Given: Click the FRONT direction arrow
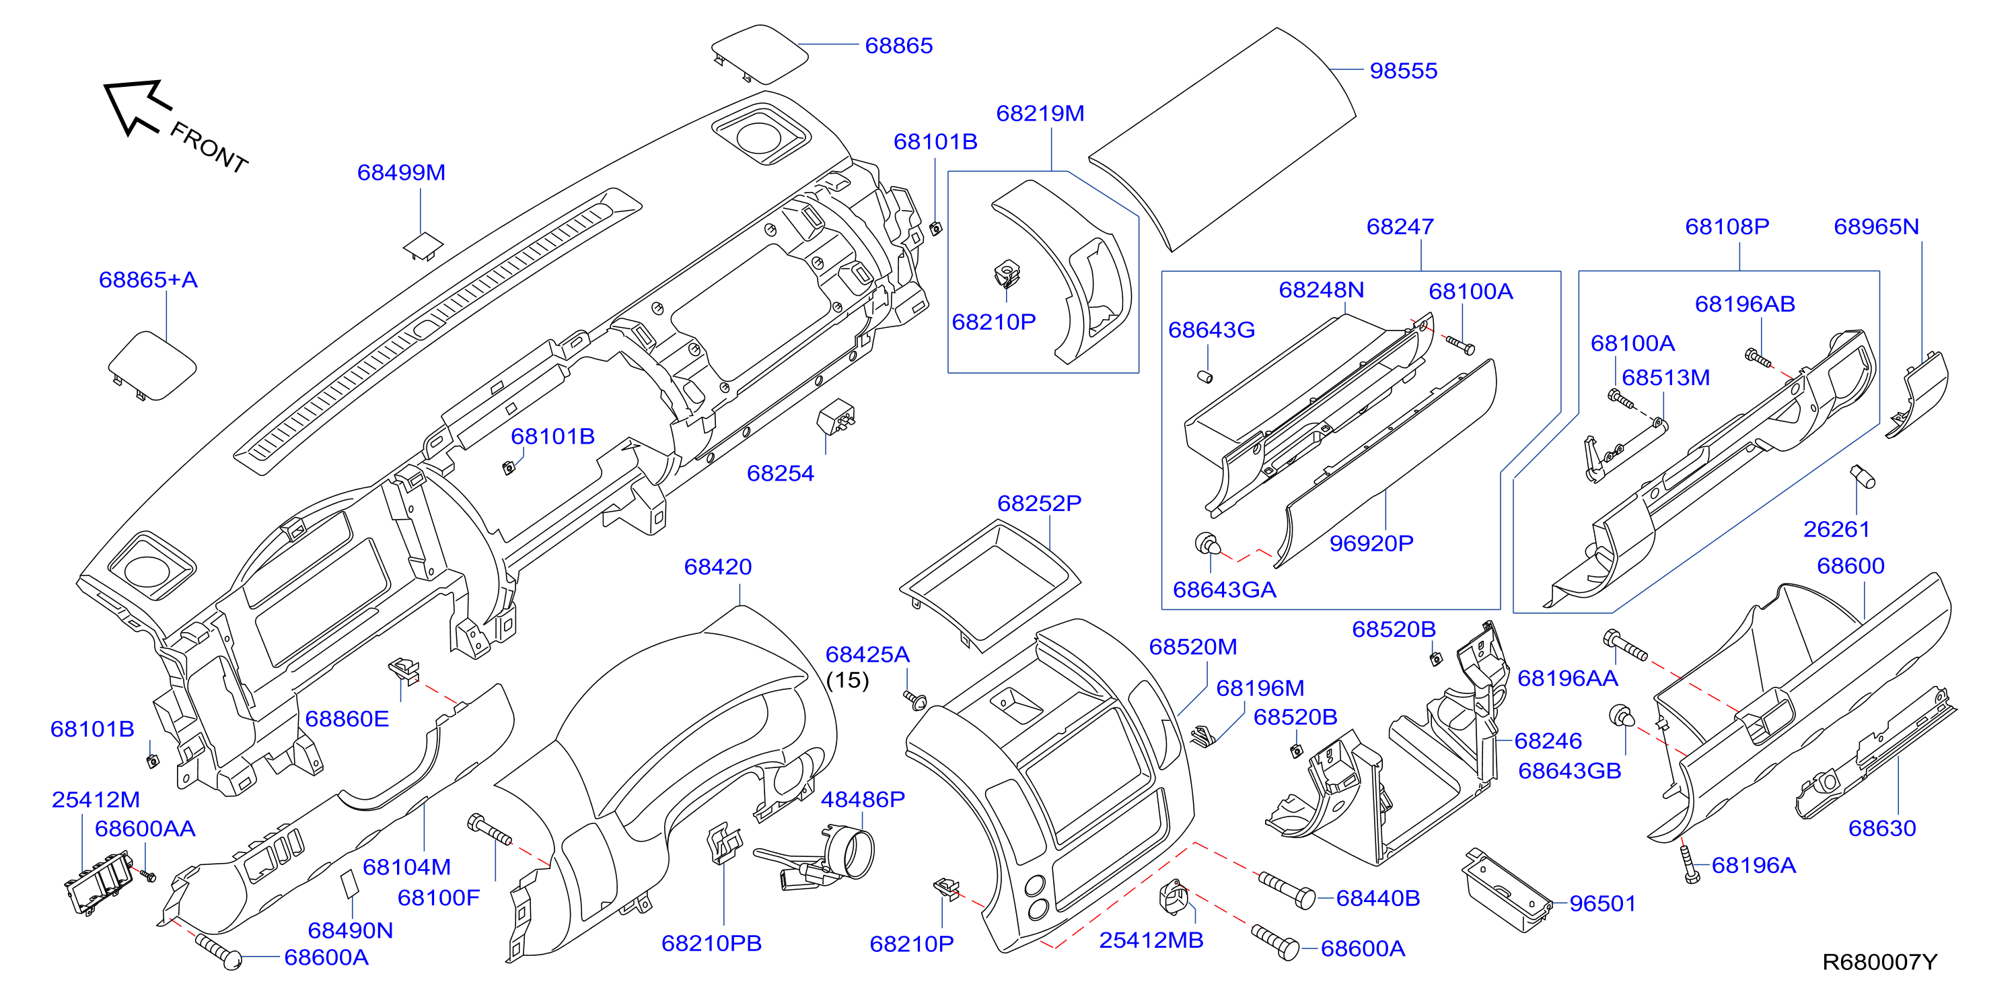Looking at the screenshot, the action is [x=138, y=106].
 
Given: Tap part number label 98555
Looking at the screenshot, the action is [x=1403, y=71].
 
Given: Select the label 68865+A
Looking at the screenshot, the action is [x=148, y=279].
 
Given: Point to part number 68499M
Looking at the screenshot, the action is [x=402, y=172].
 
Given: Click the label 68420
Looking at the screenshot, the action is [x=718, y=567].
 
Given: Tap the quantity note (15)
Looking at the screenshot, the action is [x=848, y=681].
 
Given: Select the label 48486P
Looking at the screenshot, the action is [x=863, y=799].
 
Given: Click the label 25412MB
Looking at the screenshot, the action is [x=1151, y=940].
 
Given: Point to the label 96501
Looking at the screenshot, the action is [x=1603, y=903].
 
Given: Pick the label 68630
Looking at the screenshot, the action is [x=1882, y=828].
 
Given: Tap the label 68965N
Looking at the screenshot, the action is [x=1877, y=227].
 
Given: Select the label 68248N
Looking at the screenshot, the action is [x=1321, y=290].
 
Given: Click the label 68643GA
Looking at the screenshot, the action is [x=1224, y=590].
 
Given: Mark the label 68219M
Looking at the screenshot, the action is [x=1040, y=114].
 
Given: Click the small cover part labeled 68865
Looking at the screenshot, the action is [x=759, y=53].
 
